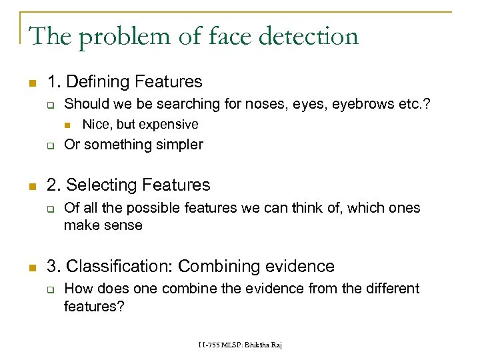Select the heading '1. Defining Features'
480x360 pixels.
[124, 82]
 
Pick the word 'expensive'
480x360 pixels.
[167, 125]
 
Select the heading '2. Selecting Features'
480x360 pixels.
[128, 185]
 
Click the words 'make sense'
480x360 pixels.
[103, 225]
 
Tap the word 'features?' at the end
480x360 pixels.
[93, 306]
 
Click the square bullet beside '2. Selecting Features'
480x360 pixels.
[31, 186]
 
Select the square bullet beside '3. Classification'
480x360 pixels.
[31, 267]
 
